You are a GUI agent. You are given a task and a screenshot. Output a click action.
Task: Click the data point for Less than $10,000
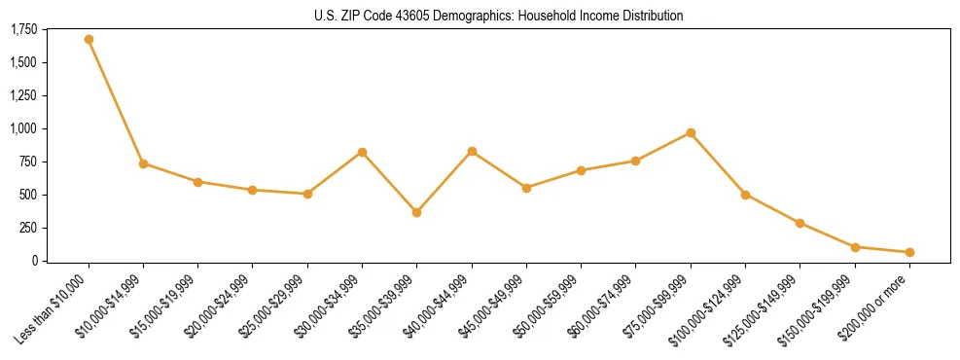[89, 40]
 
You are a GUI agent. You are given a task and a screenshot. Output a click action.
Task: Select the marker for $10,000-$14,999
[143, 163]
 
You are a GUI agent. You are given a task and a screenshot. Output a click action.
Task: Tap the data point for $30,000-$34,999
[362, 152]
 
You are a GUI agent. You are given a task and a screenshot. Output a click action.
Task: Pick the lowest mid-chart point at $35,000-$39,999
[417, 212]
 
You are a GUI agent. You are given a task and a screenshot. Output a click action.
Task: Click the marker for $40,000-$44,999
[472, 151]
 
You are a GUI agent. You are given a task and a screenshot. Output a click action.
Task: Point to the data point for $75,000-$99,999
[691, 132]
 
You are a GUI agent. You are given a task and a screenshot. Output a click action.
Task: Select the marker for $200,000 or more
[909, 252]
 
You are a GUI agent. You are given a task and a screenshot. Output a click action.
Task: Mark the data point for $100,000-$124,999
[745, 195]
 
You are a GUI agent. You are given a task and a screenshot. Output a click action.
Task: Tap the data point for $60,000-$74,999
[636, 161]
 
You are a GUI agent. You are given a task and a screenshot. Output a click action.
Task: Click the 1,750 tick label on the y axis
[24, 30]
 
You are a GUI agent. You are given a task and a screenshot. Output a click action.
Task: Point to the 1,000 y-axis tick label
[24, 128]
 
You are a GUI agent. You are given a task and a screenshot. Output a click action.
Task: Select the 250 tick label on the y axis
[29, 228]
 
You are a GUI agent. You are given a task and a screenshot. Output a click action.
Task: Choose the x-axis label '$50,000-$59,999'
[544, 310]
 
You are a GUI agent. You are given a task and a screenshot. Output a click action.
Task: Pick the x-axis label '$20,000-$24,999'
[215, 310]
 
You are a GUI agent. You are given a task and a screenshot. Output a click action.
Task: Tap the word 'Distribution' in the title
[649, 16]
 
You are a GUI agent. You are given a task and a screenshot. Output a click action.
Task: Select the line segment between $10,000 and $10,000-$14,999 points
[116, 102]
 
